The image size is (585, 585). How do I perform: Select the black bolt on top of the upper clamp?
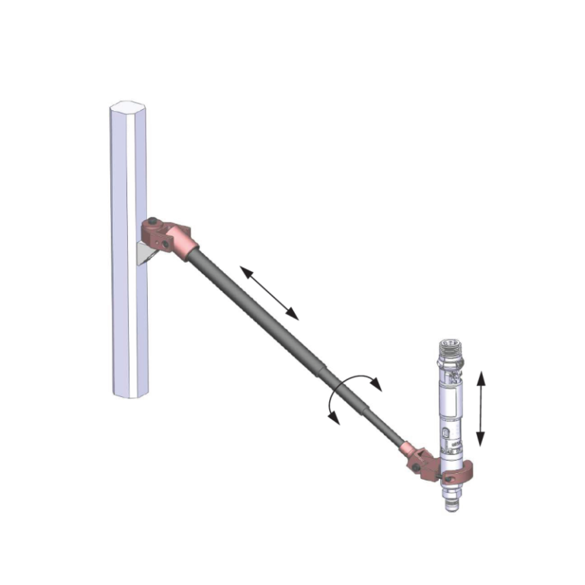click(x=154, y=222)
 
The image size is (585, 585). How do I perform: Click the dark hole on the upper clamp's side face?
click(x=166, y=244)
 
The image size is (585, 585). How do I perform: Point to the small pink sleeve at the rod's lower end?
click(x=411, y=449)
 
